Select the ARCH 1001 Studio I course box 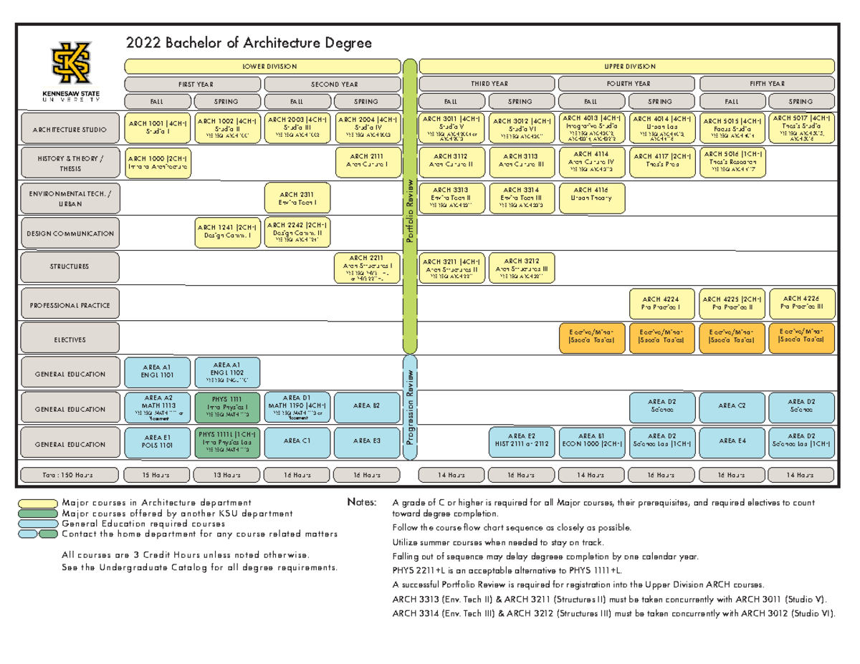coord(157,127)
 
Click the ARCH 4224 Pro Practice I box coord(660,304)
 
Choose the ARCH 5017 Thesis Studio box coord(801,127)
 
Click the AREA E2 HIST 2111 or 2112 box coord(521,443)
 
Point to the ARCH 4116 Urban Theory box coord(591,194)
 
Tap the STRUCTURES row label coord(69,266)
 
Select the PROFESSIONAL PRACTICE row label coord(69,305)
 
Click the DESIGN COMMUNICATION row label coord(69,234)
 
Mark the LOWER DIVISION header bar coord(263,66)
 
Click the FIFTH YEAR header coord(767,83)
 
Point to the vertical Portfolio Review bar coord(411,208)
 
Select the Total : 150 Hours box coord(69,474)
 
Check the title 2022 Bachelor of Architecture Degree coord(249,44)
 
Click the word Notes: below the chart coord(360,501)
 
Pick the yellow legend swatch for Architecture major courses coord(39,502)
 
